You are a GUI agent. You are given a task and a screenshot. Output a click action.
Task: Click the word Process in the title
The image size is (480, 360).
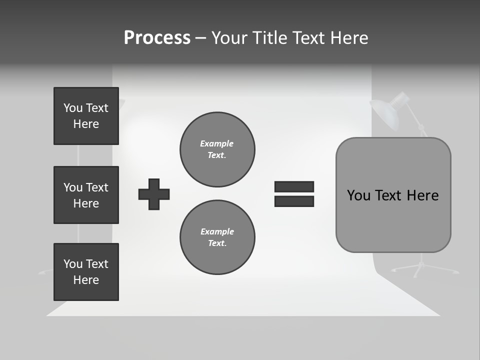point(157,38)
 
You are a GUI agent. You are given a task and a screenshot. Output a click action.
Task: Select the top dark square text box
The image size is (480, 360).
point(86,116)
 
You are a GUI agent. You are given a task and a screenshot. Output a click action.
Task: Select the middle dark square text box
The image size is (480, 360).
point(86,195)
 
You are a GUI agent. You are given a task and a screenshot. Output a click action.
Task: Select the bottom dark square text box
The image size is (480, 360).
point(86,272)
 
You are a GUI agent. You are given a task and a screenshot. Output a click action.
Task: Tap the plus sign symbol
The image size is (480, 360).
point(154,194)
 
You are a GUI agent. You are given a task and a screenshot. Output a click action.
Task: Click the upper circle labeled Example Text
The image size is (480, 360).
point(217,149)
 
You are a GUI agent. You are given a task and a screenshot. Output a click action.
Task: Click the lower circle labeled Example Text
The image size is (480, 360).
point(217,237)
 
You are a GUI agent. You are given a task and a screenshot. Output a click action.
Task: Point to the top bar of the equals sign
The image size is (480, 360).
point(294,186)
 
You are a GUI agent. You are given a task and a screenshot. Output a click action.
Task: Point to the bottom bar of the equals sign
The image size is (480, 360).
point(294,201)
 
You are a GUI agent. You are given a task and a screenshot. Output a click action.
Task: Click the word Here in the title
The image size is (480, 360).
point(348,38)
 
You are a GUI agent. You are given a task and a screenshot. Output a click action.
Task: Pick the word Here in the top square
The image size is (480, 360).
point(86,124)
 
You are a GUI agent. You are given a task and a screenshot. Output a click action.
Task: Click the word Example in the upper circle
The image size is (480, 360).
point(216,144)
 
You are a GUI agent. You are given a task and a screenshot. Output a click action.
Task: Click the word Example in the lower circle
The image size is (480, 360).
point(217,232)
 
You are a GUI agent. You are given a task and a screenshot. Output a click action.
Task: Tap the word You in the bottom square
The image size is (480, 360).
point(73,264)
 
